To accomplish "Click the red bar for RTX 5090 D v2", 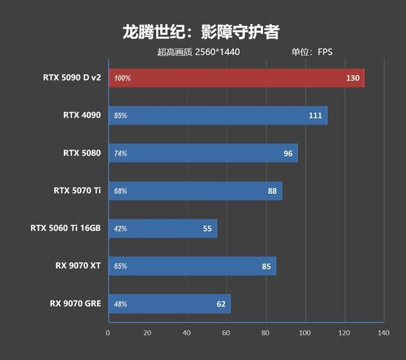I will point(237,78).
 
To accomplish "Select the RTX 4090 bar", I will point(218,116).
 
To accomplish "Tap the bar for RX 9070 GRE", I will point(170,303).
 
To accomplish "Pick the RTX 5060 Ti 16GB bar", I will point(162,228).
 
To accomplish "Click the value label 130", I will point(352,78).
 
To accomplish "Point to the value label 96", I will point(288,153).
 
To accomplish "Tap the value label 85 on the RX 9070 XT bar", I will point(266,266).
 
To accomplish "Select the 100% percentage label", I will point(122,79).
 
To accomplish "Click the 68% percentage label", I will point(121,191).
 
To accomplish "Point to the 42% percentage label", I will point(121,229).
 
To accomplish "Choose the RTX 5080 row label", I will point(82,153).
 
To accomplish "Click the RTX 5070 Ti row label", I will point(77,191).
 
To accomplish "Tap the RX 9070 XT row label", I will point(78,266).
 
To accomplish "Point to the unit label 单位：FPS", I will point(312,52).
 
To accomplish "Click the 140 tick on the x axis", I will point(384,333).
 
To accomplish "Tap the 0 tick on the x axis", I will point(108,333).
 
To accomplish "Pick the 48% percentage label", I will point(121,304).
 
